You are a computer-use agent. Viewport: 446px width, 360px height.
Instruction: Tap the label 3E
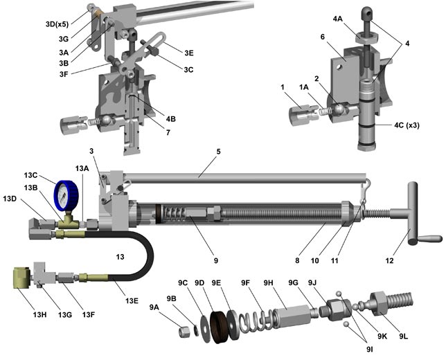189,51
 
